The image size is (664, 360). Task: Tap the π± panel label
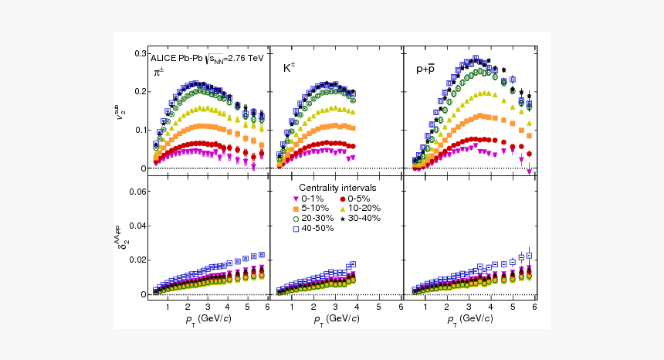pyautogui.click(x=158, y=73)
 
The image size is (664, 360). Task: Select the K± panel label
pyautogui.click(x=289, y=68)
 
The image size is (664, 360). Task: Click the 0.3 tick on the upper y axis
pyautogui.click(x=140, y=53)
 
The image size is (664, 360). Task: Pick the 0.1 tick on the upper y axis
pyautogui.click(x=140, y=130)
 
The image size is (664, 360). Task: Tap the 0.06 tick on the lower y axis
pyautogui.click(x=137, y=192)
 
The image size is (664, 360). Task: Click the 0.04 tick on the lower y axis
pyautogui.click(x=137, y=226)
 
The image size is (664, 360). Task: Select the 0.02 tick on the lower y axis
pyautogui.click(x=137, y=260)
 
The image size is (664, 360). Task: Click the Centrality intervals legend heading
pyautogui.click(x=337, y=188)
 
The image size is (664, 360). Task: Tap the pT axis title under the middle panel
pyautogui.click(x=334, y=319)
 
